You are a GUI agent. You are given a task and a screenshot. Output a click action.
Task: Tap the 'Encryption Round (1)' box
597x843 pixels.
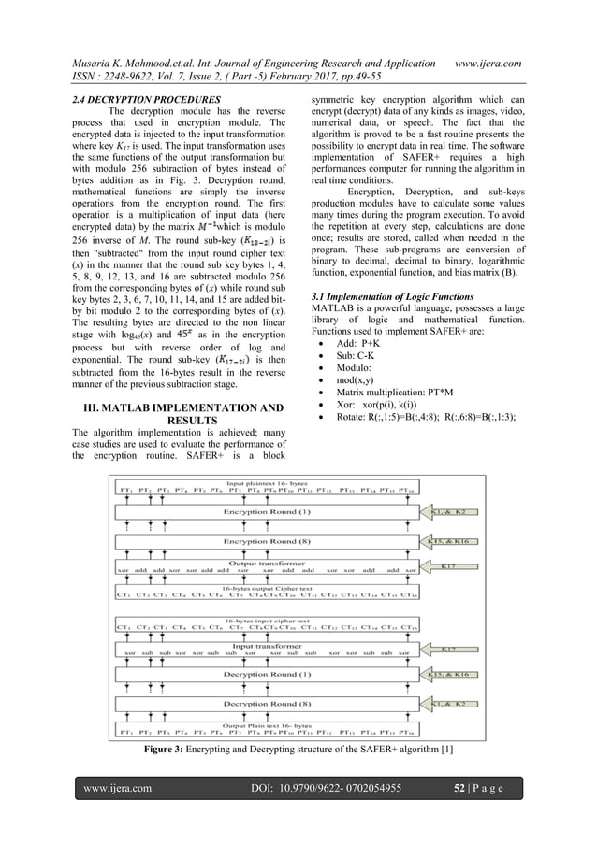(267, 512)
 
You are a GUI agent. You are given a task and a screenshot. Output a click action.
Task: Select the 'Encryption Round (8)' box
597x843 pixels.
(267, 541)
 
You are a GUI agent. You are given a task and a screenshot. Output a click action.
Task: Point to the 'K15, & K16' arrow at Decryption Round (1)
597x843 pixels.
(450, 673)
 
